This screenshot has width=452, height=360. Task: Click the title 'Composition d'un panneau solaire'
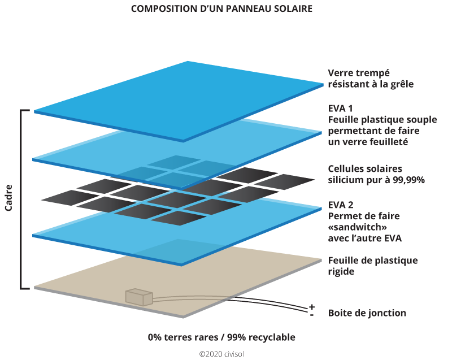coord(221,10)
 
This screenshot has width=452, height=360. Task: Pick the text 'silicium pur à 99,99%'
coord(376,180)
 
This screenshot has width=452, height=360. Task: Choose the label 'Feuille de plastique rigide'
coord(372,266)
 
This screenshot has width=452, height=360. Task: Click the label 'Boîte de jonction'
coord(367,313)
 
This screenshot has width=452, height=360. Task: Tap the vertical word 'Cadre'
coord(10,197)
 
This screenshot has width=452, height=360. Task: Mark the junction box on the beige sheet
coord(138,297)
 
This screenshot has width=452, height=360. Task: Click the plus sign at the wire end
coord(312,307)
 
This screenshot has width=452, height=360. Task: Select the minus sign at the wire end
coord(312,314)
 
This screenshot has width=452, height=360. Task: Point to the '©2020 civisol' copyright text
coord(221,353)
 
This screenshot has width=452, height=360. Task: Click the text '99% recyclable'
coord(260,337)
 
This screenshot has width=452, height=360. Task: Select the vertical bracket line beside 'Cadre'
coord(22,198)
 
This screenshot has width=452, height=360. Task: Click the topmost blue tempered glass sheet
coord(181,96)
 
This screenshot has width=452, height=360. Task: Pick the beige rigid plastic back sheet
coord(226,283)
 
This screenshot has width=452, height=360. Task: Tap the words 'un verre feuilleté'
coord(368,142)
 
